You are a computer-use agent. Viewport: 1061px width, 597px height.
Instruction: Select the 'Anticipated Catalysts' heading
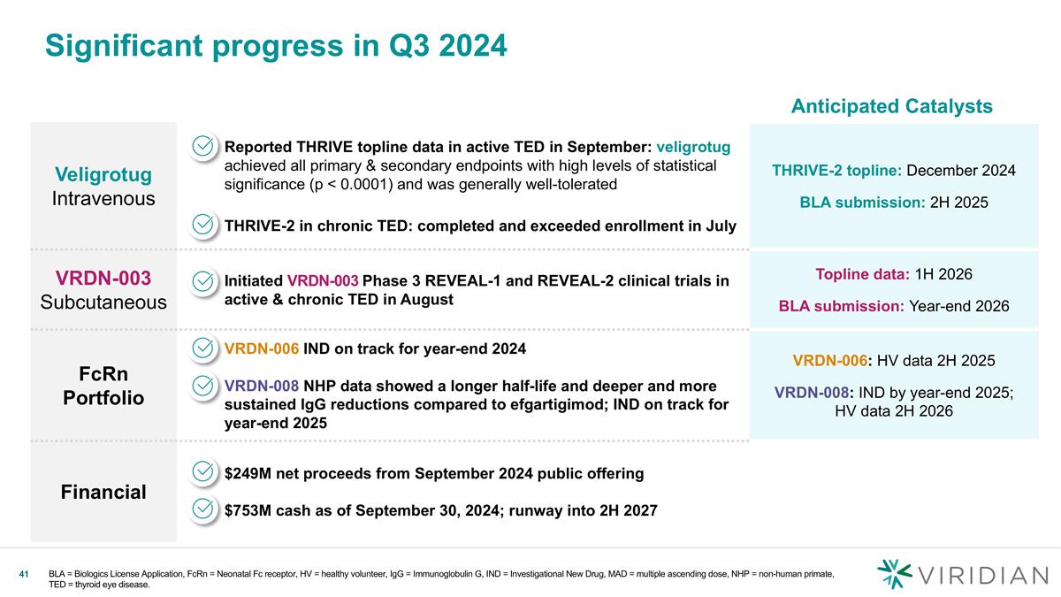891,106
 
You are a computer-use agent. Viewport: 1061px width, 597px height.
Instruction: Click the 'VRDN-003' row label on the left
103,278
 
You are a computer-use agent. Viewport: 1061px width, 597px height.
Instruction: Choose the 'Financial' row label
103,492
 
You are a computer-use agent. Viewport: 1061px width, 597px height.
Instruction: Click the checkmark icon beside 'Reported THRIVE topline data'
204,146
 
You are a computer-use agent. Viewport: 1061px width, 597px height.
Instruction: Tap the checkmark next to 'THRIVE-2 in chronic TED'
204,225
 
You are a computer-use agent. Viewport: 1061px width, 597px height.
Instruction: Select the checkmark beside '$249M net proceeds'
204,472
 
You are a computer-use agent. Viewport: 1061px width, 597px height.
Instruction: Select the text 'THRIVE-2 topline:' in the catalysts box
837,170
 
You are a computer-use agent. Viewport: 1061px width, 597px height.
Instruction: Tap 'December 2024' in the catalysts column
961,170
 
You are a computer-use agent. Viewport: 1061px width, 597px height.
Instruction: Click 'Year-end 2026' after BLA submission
958,306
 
